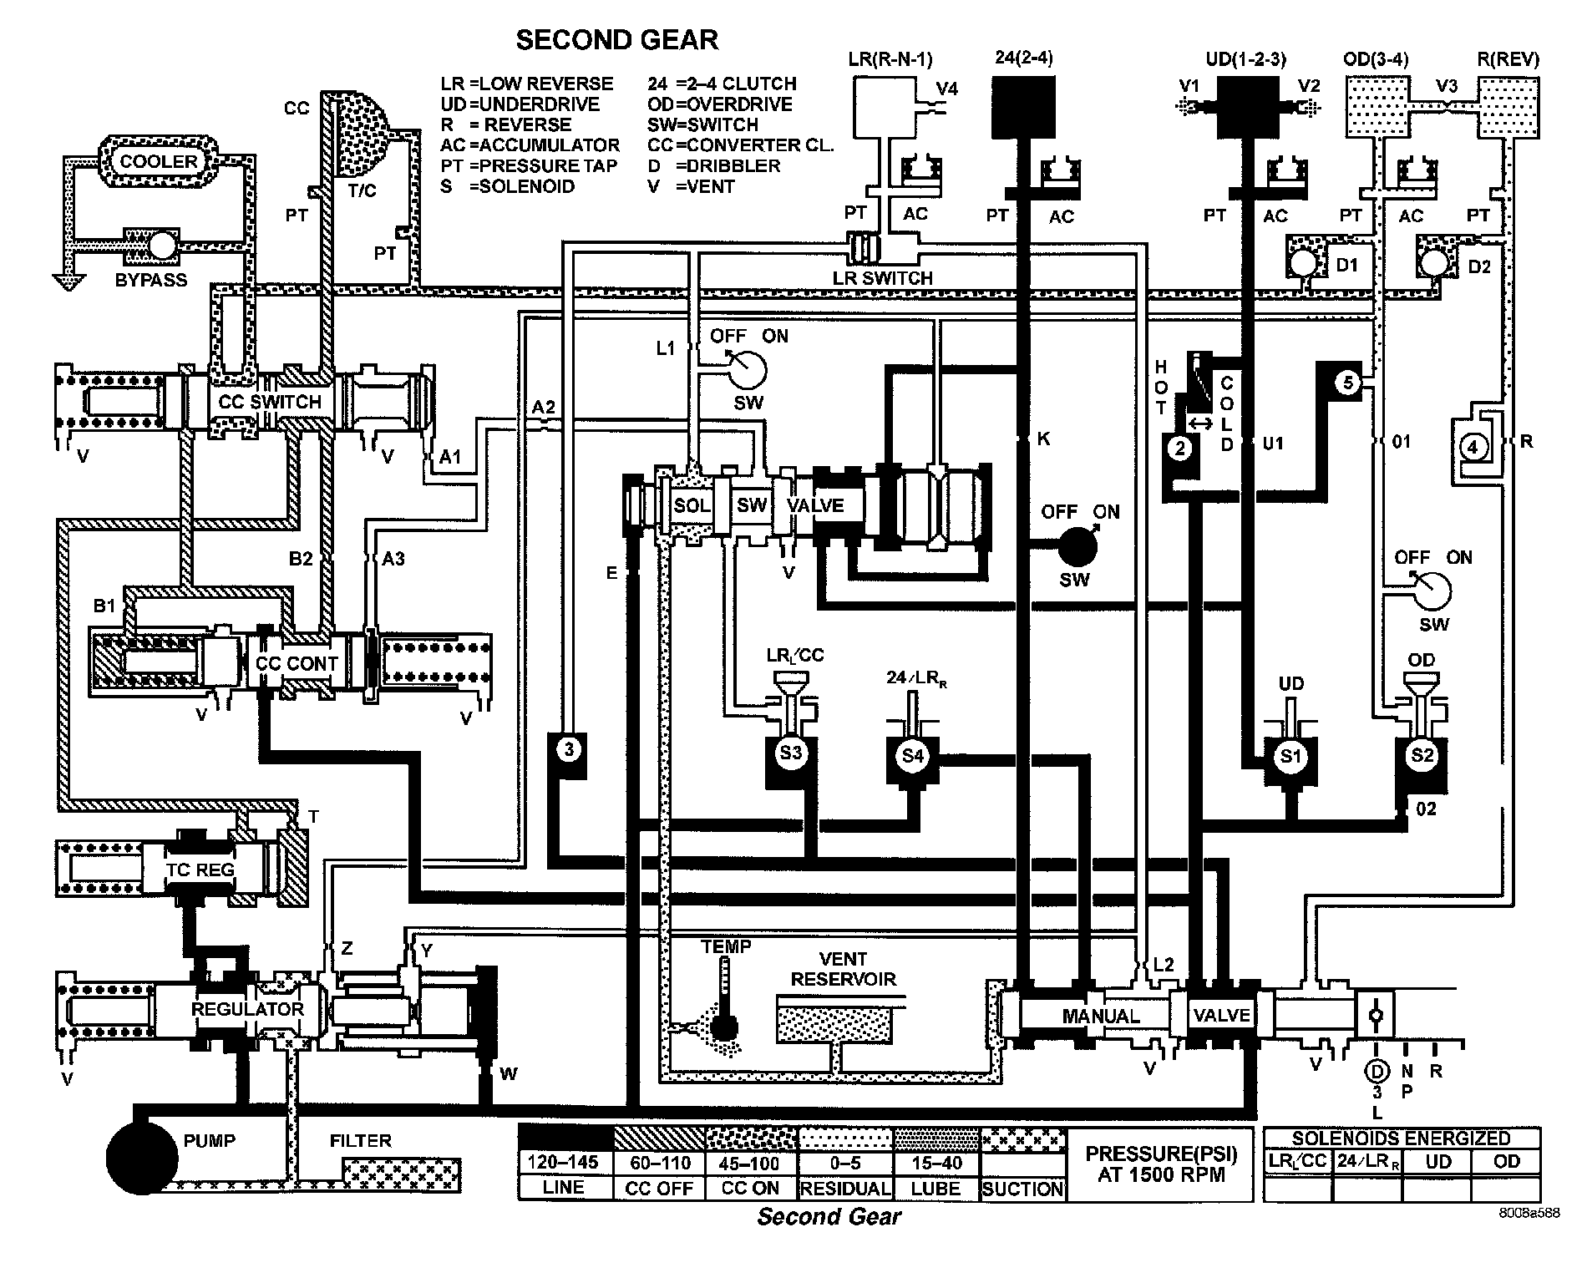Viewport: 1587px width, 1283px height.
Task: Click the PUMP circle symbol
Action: tap(142, 1159)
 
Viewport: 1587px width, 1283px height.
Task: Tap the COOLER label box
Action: tap(159, 161)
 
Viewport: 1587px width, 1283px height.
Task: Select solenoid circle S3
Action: tap(790, 753)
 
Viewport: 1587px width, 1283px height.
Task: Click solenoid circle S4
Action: tap(913, 756)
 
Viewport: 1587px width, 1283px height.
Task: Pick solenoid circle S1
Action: tap(1290, 757)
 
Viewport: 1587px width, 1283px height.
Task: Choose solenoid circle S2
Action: tap(1422, 756)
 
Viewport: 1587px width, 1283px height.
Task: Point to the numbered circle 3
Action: tap(569, 748)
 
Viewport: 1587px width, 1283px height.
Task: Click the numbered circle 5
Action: tap(1347, 383)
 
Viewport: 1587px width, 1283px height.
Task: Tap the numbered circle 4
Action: tap(1473, 448)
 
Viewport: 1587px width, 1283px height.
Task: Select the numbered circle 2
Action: tap(1180, 449)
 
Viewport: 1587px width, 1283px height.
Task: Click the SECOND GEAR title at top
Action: tap(616, 40)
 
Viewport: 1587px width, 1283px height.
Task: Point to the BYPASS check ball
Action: tap(161, 245)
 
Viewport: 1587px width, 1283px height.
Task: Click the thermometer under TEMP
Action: tap(723, 998)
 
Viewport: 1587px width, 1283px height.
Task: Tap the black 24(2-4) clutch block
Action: tap(1024, 107)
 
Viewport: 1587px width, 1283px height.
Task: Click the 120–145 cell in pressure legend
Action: tap(564, 1162)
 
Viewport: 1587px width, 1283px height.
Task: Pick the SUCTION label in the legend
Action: tap(1022, 1189)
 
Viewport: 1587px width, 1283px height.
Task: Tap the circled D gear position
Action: tap(1376, 1070)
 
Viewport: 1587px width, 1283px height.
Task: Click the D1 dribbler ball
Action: tap(1301, 262)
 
